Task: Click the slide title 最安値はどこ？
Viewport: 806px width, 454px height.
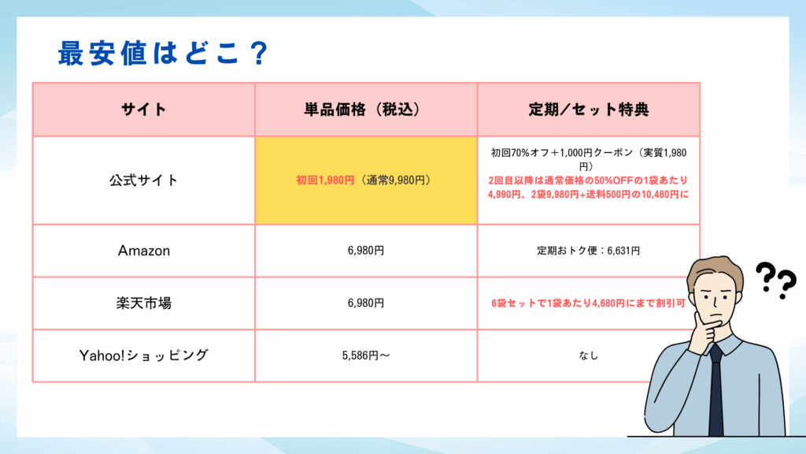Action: click(x=163, y=53)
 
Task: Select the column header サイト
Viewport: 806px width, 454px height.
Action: click(x=143, y=110)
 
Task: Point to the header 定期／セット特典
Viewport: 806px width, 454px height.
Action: click(x=589, y=110)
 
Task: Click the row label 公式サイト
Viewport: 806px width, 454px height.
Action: click(x=143, y=180)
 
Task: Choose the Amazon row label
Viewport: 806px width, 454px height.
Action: click(x=143, y=251)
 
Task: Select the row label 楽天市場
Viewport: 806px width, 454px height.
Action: click(x=143, y=303)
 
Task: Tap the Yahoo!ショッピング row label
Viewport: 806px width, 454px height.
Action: click(x=143, y=355)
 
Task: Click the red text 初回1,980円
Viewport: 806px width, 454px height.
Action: click(x=325, y=180)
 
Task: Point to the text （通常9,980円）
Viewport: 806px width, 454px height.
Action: click(x=395, y=180)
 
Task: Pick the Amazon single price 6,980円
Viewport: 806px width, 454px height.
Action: click(x=366, y=251)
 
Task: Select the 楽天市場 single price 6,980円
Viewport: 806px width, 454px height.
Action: click(x=366, y=303)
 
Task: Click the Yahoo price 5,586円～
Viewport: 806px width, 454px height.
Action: click(x=366, y=355)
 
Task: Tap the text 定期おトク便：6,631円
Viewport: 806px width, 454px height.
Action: click(x=589, y=251)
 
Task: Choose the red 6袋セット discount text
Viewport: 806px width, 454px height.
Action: click(x=589, y=303)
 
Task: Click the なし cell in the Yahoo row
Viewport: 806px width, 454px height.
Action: click(x=589, y=355)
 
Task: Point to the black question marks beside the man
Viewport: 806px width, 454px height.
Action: click(x=776, y=281)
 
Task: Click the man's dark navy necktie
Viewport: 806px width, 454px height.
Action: click(x=716, y=391)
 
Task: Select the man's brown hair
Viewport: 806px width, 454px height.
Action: click(x=715, y=270)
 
